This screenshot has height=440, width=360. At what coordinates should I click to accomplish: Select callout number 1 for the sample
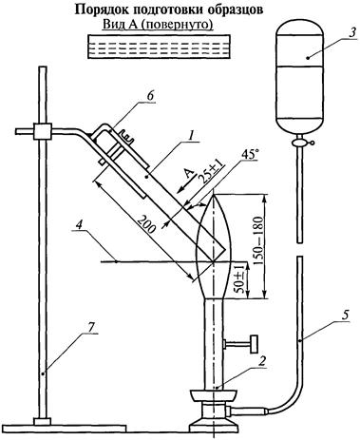(x=190, y=136)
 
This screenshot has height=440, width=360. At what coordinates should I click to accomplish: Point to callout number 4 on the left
(x=80, y=225)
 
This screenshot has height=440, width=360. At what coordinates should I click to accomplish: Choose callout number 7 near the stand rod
(x=90, y=328)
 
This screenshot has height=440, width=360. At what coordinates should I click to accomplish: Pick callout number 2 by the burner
(x=261, y=361)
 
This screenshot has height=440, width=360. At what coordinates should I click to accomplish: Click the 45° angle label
(x=250, y=155)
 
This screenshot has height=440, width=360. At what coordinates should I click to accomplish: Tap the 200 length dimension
(x=147, y=225)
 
